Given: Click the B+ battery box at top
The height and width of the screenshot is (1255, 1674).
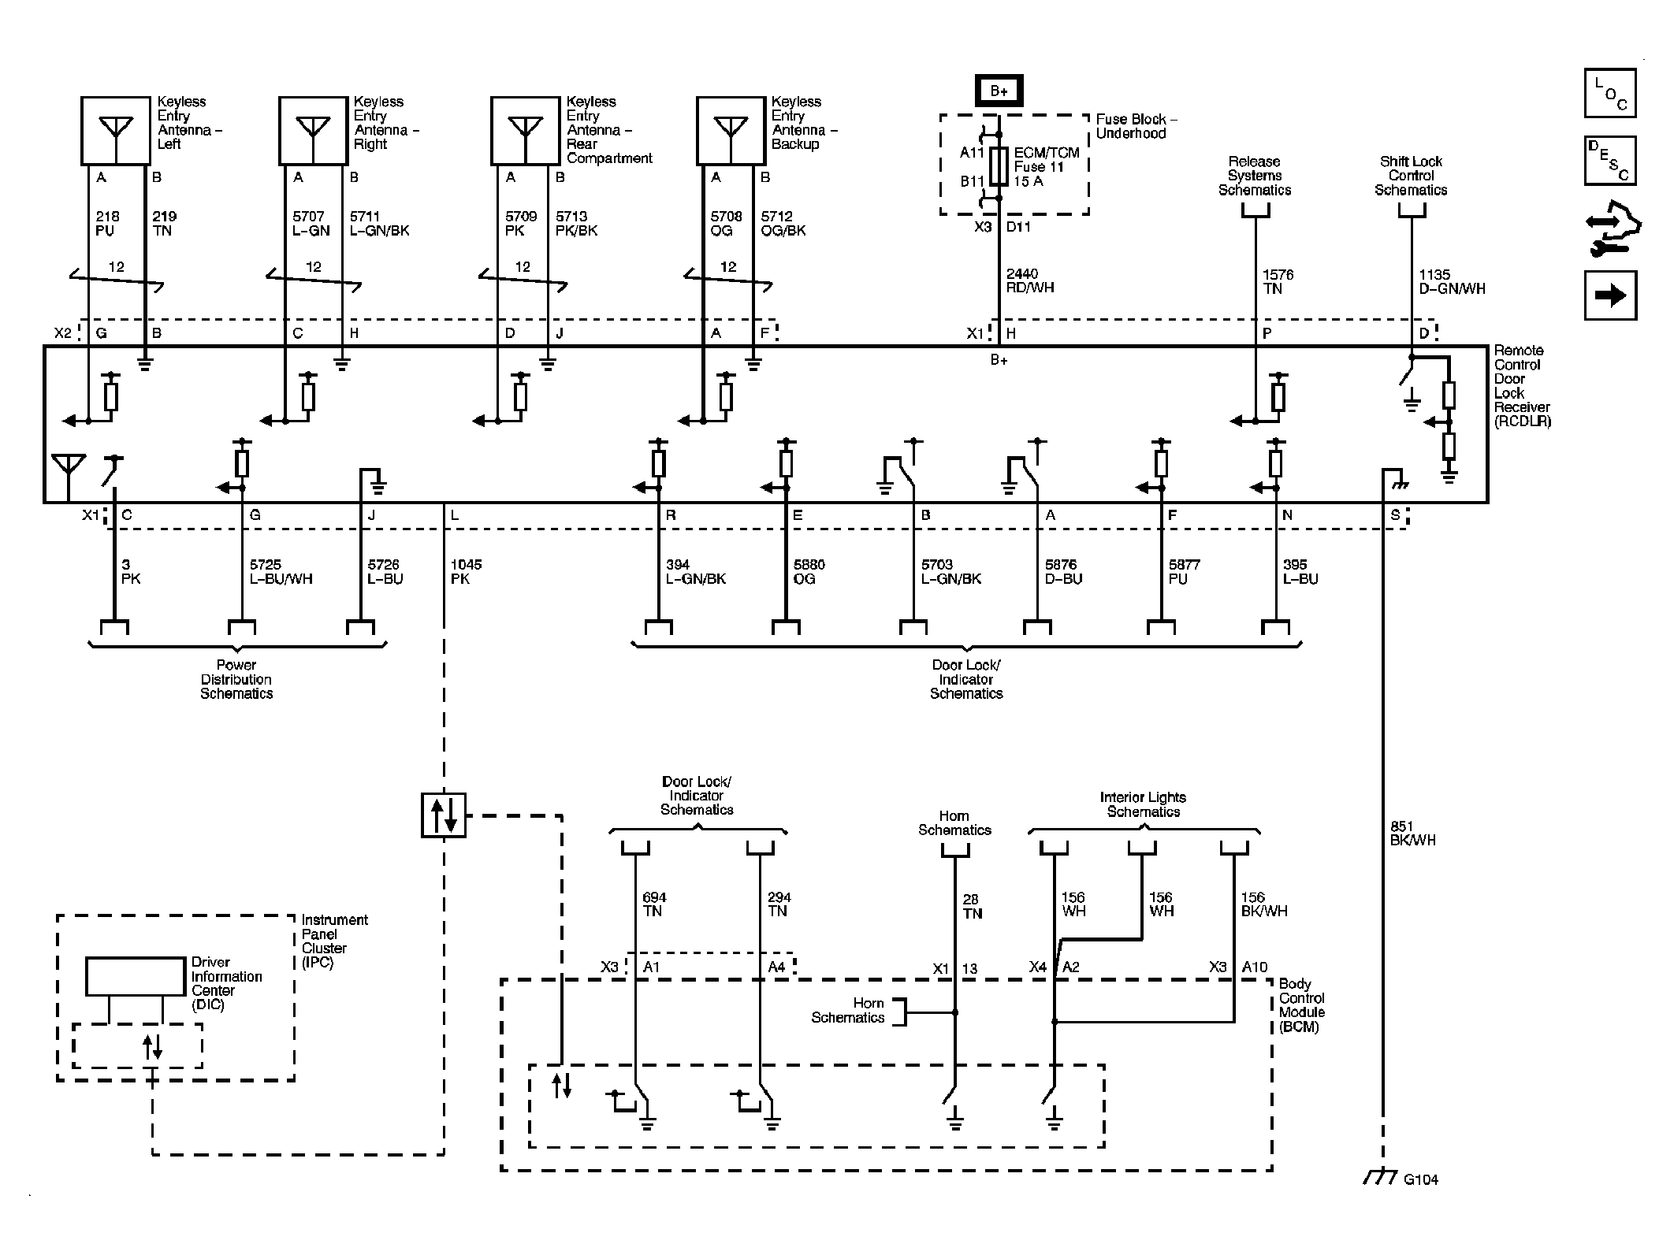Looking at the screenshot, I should tap(999, 91).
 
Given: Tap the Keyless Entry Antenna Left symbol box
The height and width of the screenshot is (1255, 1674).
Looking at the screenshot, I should tap(115, 131).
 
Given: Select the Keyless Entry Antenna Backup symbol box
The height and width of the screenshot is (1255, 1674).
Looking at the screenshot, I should tap(731, 131).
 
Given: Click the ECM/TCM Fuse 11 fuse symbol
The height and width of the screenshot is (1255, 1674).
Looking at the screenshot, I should tap(999, 166).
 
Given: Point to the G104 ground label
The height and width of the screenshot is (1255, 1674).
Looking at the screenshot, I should tap(1420, 1201).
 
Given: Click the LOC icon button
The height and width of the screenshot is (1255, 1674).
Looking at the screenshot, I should tap(1609, 94).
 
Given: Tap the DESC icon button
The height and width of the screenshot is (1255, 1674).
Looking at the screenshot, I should tap(1609, 161).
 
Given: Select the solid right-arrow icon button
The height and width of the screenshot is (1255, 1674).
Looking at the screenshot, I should tap(1609, 295).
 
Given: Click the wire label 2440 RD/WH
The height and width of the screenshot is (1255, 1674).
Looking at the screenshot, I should tap(1029, 281).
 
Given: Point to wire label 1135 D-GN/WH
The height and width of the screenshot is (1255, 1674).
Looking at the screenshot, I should tap(1451, 282).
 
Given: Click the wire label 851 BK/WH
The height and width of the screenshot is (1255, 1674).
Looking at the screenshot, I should tap(1412, 834).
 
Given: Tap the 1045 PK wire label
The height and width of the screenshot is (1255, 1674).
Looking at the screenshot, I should tap(466, 572).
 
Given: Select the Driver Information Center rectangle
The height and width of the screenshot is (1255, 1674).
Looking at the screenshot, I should tap(135, 977).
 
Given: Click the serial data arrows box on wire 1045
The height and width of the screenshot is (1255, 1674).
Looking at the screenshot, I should tap(444, 815).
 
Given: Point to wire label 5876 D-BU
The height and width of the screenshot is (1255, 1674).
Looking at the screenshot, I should tap(1063, 572).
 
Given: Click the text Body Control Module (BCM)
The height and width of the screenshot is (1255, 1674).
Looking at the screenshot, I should tap(1301, 1005).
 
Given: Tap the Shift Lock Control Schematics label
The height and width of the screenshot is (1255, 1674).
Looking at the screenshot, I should tap(1411, 176).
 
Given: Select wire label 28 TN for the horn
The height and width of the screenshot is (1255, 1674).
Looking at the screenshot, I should tap(972, 907).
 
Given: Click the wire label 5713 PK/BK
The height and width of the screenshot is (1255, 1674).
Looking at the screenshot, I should tap(576, 224).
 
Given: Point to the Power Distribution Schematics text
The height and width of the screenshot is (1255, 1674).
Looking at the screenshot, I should tap(236, 680).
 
